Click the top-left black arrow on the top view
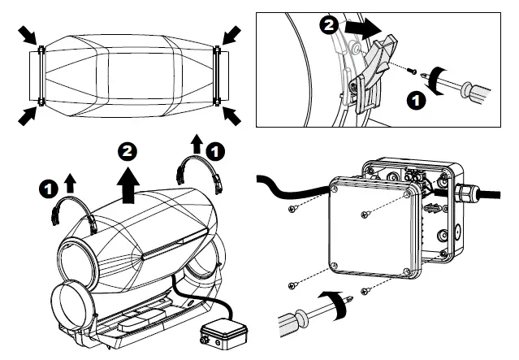[x=27, y=35]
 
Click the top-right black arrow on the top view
[x=231, y=35]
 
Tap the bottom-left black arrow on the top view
[x=27, y=115]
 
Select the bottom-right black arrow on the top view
[x=232, y=115]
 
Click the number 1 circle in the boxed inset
[x=416, y=102]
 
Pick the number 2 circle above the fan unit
[x=127, y=152]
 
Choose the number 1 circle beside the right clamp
[x=215, y=150]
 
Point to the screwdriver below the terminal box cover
[x=313, y=314]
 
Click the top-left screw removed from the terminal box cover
[x=292, y=209]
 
